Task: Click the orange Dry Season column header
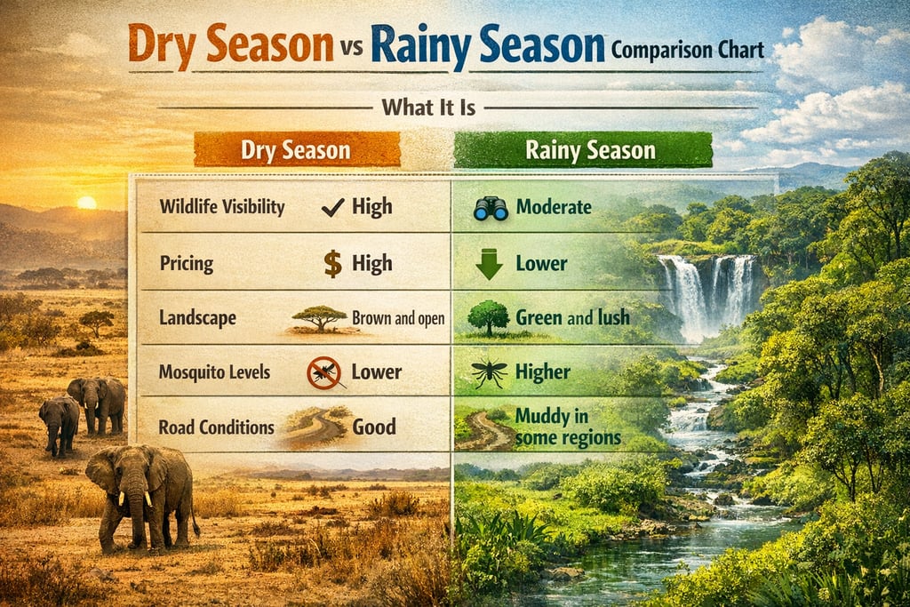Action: click(297, 150)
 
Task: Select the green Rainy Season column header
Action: click(583, 150)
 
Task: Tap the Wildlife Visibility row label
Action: click(222, 208)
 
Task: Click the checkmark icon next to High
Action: click(332, 208)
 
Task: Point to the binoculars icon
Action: click(491, 208)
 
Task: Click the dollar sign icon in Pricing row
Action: click(332, 264)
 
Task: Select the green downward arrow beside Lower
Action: click(490, 265)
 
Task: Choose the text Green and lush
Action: click(572, 317)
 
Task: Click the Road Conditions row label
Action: click(216, 427)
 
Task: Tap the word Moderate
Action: click(553, 208)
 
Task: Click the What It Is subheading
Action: click(428, 108)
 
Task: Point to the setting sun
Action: click(86, 203)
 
